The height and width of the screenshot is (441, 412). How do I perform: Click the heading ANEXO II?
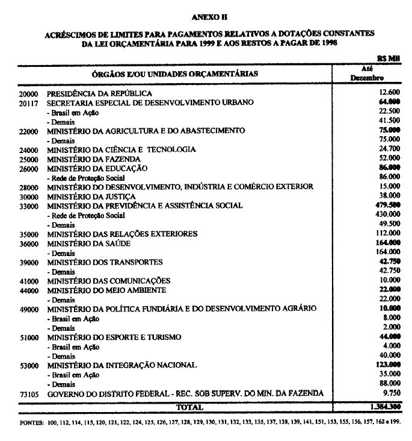click(x=211, y=19)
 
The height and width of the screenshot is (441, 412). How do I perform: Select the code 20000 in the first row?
click(x=28, y=94)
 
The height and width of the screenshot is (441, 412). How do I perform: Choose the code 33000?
click(x=28, y=206)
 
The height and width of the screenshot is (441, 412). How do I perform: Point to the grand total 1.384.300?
click(x=382, y=407)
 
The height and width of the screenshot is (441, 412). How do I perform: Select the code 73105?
click(x=28, y=393)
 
